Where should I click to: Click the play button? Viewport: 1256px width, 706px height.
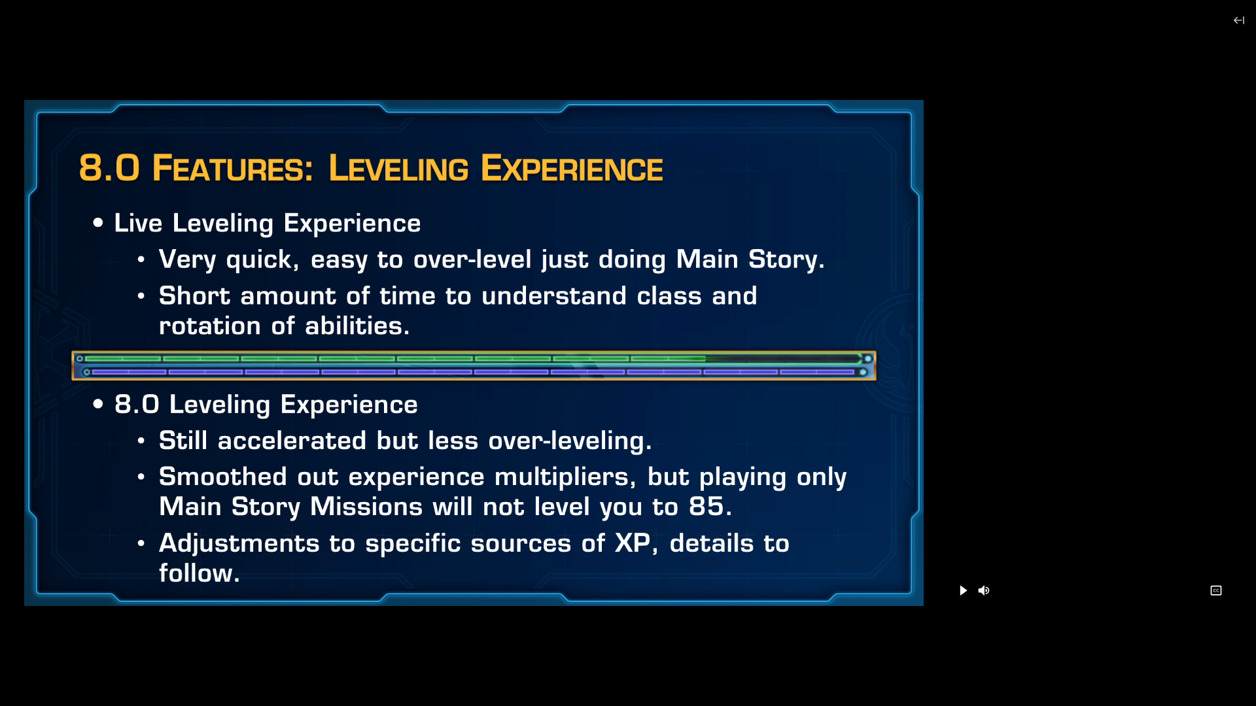pos(963,590)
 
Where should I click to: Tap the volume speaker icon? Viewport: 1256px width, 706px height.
pos(984,590)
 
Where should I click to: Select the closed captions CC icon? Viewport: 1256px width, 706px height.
pos(1216,590)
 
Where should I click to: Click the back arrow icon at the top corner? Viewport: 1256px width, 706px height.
pos(1239,20)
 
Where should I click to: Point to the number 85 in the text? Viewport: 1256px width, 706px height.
pos(706,506)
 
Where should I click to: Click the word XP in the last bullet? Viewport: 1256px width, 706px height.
pos(633,543)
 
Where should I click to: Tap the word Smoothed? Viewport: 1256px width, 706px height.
pos(223,477)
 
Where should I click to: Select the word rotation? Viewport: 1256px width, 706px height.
pos(210,326)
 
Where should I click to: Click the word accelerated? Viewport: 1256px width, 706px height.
pos(292,441)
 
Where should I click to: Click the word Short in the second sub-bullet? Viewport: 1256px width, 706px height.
pos(194,295)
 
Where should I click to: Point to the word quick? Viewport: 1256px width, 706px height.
pos(259,260)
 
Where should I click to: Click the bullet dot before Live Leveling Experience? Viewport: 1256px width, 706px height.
pos(98,223)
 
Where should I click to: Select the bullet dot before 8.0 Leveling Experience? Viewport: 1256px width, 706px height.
pos(98,404)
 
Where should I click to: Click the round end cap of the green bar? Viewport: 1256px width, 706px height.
pos(868,358)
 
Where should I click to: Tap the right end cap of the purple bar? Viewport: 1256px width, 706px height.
pos(863,372)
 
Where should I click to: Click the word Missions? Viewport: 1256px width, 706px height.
pos(366,507)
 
